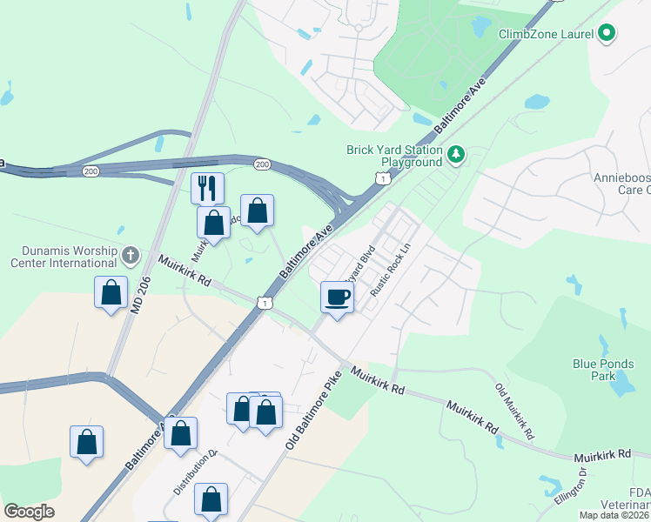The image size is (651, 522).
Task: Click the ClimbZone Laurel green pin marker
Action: (607, 34)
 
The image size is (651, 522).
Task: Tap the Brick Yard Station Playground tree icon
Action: (455, 155)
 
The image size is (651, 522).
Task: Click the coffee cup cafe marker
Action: (338, 297)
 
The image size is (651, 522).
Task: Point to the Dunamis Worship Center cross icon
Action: (130, 256)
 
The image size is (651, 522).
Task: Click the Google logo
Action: (30, 512)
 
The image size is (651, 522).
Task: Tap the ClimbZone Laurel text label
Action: (545, 34)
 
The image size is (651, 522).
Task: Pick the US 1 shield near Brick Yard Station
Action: (382, 178)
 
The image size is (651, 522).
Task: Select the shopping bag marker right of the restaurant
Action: (257, 211)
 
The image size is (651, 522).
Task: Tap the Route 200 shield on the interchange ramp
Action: (262, 164)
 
